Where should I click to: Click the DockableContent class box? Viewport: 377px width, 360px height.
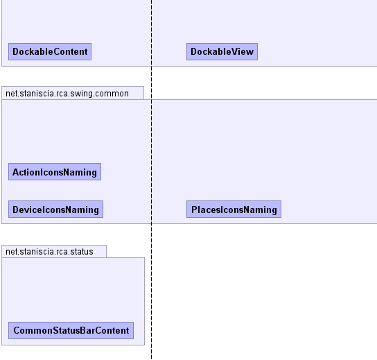50,51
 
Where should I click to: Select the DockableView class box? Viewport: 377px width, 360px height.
222,51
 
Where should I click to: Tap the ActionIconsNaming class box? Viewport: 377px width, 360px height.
55,171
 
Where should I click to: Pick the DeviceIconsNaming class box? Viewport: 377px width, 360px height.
55,209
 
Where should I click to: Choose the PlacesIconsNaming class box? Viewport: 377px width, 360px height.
234,209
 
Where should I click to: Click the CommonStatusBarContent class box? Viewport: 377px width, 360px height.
71,330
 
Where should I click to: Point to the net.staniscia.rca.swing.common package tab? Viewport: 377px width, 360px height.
73,93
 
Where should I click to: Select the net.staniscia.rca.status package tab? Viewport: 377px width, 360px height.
54,252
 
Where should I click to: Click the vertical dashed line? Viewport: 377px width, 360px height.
152,180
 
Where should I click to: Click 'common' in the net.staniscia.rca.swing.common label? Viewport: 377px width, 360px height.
112,94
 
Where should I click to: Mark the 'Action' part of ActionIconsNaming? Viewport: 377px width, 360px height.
26,172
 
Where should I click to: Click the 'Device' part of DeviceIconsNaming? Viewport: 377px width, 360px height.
26,209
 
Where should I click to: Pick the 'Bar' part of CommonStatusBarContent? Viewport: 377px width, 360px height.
87,330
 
